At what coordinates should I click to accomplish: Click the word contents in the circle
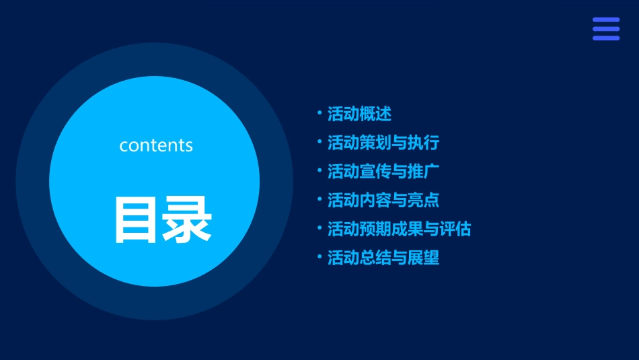pos(156,145)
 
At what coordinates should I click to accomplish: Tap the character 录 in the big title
pos(188,219)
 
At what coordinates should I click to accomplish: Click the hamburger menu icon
pos(606,29)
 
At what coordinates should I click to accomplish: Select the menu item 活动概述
pos(359,114)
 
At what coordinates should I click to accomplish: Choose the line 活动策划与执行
pos(383,143)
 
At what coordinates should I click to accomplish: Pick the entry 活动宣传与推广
pos(383,172)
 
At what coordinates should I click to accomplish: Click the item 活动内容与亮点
pos(383,200)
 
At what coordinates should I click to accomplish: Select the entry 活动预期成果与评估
pos(399,229)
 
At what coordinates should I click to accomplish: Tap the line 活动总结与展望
pos(383,258)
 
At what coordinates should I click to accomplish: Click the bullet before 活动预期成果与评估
pos(320,227)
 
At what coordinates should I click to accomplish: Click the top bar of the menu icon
pos(606,20)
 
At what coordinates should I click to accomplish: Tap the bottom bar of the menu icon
pos(606,38)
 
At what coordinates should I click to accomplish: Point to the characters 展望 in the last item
pos(424,258)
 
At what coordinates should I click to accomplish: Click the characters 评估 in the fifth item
pos(455,229)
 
